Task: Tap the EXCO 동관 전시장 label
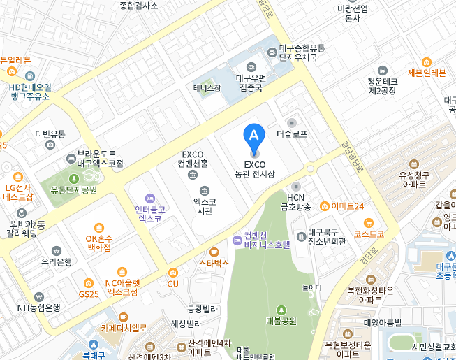coord(255,169)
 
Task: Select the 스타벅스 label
coord(214,264)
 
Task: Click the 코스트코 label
coord(369,234)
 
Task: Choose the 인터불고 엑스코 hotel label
coord(150,213)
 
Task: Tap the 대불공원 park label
coord(281,321)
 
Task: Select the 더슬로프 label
coord(292,133)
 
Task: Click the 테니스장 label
coord(207,88)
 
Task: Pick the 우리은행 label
coord(57,262)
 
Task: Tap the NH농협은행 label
coord(38,307)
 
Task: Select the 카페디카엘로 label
coord(124,327)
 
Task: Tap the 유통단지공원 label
coord(73,189)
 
